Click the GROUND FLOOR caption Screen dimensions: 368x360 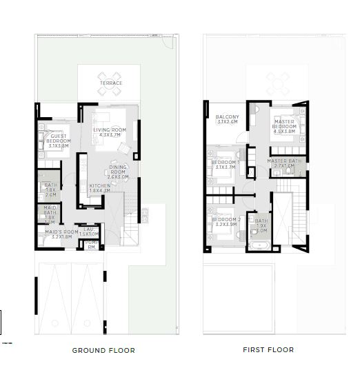103,350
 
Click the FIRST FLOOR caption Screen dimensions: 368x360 268,349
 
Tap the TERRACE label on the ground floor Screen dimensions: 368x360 110,83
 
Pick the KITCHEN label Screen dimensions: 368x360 99,187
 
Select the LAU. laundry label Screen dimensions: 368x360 89,231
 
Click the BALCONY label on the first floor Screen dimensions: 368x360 227,117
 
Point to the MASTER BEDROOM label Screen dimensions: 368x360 283,125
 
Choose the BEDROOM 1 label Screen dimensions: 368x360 225,163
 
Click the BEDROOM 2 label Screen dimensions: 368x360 226,220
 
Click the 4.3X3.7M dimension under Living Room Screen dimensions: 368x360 110,136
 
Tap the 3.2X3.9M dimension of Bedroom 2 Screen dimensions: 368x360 226,225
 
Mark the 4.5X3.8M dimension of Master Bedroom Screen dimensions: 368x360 283,133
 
